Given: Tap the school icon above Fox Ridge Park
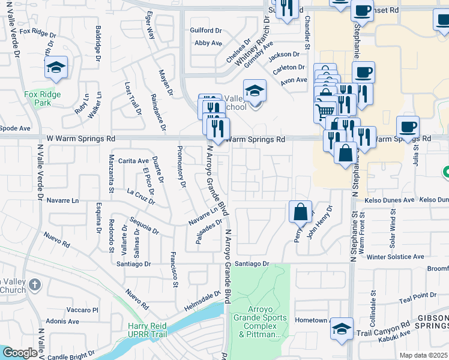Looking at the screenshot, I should point(56,67).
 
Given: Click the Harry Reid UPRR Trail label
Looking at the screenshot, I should point(150,330).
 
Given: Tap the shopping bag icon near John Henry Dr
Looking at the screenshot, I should point(300,212).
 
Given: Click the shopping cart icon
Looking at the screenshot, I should point(325,110).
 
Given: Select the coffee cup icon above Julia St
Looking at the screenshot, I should point(408,127).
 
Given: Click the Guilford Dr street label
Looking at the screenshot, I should point(206,30).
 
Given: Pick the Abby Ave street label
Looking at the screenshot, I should point(208,43).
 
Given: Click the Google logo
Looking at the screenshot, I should point(19,353).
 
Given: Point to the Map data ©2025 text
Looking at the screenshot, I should point(423,355).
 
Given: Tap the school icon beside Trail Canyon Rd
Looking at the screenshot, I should point(342,328).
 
